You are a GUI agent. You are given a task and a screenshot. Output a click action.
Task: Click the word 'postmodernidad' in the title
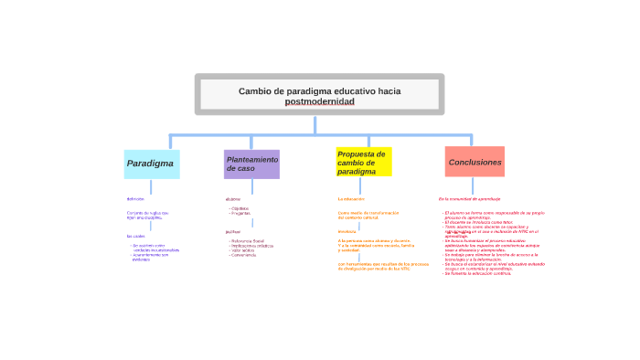click(319, 101)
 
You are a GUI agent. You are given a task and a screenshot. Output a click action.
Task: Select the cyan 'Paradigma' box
click(151, 164)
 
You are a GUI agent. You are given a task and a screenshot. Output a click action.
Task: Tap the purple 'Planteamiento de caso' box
click(251, 164)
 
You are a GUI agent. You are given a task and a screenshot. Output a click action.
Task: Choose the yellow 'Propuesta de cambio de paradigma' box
click(363, 162)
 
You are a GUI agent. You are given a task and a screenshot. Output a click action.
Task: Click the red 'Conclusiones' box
click(475, 162)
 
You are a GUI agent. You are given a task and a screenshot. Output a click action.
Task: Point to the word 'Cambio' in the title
click(255, 90)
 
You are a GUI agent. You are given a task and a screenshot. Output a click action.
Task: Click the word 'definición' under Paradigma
click(135, 198)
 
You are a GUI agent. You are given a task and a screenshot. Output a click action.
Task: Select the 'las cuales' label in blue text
click(136, 236)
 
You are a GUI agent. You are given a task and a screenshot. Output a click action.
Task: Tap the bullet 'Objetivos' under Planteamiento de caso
click(240, 208)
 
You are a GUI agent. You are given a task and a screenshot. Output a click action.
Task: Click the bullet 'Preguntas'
click(241, 213)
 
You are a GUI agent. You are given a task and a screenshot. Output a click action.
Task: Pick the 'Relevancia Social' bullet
click(248, 240)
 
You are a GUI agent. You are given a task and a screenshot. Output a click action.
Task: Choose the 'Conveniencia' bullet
click(244, 255)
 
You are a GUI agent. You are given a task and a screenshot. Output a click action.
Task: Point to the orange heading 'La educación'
click(351, 198)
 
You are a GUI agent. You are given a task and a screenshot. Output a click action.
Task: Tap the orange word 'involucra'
click(347, 231)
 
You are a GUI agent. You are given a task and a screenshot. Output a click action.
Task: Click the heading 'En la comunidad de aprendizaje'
click(469, 198)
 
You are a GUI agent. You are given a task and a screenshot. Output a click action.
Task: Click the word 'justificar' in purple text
click(233, 231)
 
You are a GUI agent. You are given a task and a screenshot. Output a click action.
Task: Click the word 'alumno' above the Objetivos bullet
click(233, 198)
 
